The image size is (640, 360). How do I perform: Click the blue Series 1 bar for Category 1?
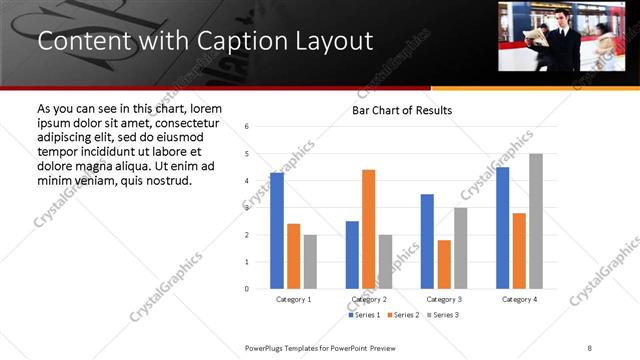(x=277, y=231)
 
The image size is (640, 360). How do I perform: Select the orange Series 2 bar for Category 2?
(x=369, y=229)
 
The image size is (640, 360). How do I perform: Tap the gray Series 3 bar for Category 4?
(x=536, y=221)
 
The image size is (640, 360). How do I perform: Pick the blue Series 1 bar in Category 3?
(x=428, y=241)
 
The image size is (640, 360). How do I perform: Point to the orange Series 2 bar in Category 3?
(x=444, y=264)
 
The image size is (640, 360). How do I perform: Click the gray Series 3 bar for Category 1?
(x=310, y=262)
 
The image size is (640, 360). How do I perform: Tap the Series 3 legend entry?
(x=446, y=315)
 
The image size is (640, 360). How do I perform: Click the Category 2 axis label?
(x=369, y=299)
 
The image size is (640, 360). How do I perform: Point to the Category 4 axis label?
(x=519, y=299)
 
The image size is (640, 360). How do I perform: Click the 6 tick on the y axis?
(x=247, y=127)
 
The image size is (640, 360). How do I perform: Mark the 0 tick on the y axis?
(x=247, y=289)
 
